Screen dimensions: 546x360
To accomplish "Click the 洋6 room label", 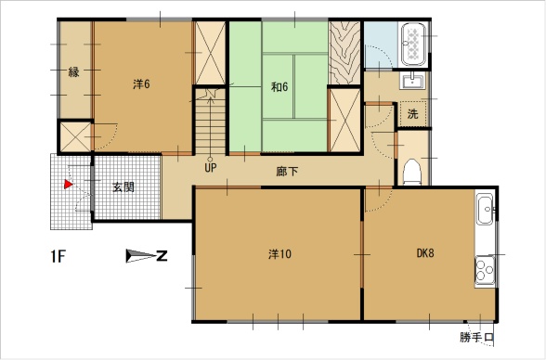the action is [x=141, y=84].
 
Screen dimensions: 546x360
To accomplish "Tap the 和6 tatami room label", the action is [x=279, y=86].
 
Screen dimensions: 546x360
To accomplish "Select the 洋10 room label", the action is [x=279, y=254].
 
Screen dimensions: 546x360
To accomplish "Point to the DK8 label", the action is [x=425, y=253].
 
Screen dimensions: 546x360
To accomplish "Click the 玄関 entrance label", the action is [x=123, y=187].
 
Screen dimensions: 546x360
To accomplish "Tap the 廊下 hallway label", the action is [x=287, y=171].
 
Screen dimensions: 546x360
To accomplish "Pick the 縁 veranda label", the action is [x=74, y=72].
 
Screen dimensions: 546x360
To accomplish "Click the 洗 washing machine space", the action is [x=412, y=114].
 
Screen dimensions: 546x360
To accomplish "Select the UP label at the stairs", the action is [x=210, y=168].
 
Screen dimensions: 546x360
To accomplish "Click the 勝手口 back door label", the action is [x=476, y=338].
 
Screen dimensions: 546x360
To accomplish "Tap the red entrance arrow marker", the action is [x=68, y=185].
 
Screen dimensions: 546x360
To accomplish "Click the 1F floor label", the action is [x=58, y=257].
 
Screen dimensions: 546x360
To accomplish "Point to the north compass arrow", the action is [x=141, y=256].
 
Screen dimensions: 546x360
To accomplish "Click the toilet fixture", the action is [x=412, y=173].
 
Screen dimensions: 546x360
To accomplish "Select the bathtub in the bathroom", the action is [x=414, y=45].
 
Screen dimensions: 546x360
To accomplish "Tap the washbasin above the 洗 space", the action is [x=412, y=81].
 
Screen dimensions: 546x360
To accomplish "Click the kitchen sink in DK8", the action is [x=485, y=210].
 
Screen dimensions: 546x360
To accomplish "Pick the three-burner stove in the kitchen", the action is [x=485, y=270].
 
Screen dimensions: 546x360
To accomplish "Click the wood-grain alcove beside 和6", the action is [x=344, y=53].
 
